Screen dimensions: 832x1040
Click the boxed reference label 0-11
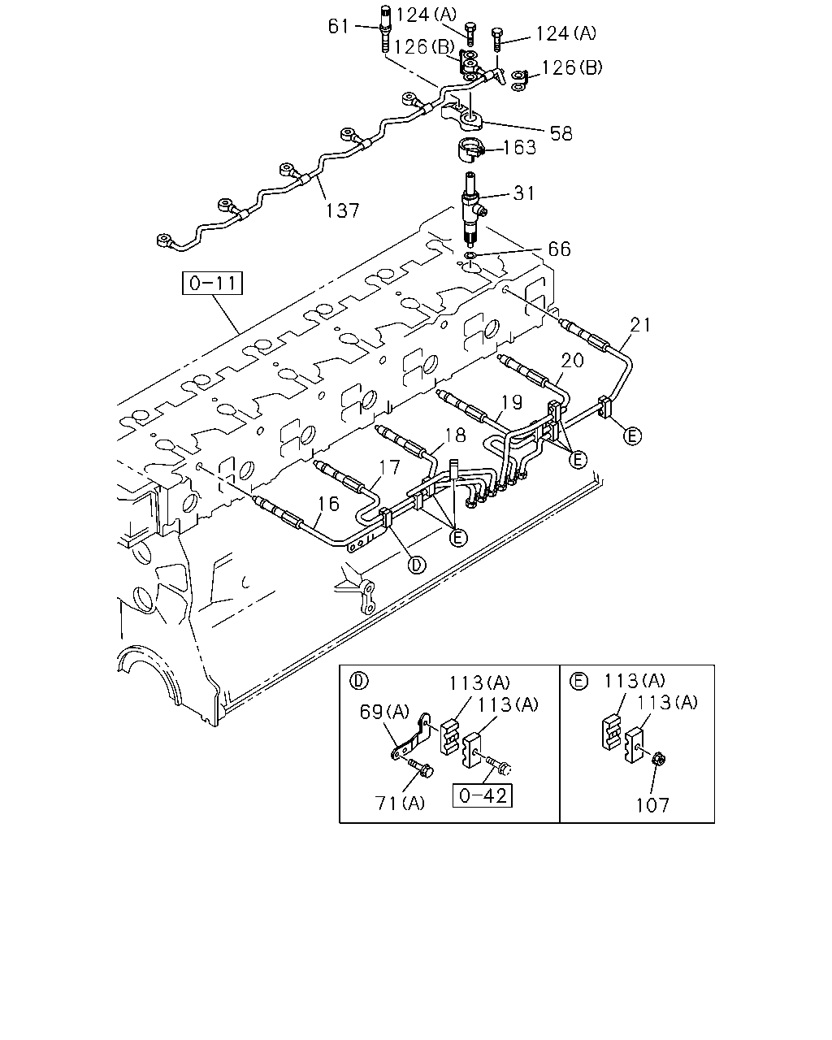(212, 284)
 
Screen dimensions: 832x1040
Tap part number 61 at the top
(338, 26)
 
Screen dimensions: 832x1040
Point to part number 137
(342, 210)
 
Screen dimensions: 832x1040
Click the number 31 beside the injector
(524, 193)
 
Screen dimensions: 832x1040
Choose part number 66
(559, 249)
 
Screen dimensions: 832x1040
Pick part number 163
(520, 147)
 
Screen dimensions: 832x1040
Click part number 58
(561, 133)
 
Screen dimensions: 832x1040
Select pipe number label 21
(640, 325)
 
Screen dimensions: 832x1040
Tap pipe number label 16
(329, 504)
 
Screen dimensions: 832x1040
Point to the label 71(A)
(399, 803)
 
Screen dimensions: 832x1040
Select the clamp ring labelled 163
(471, 149)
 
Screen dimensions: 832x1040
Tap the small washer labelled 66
(470, 254)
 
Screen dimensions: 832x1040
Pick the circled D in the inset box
(358, 681)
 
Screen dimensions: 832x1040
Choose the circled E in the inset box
(578, 681)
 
